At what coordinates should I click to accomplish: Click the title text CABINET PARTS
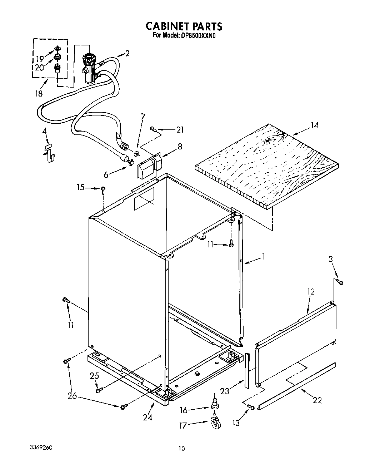tap(184, 26)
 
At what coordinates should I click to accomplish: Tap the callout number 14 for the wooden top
tap(314, 125)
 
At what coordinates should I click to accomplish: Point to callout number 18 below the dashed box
tap(39, 94)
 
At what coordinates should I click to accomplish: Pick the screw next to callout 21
tap(153, 129)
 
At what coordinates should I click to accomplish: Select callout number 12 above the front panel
tap(311, 292)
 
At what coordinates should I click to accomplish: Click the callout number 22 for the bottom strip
tap(317, 400)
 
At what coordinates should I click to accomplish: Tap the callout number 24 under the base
tap(147, 417)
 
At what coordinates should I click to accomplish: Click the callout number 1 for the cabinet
tap(264, 256)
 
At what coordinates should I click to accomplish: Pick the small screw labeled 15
tap(103, 189)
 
